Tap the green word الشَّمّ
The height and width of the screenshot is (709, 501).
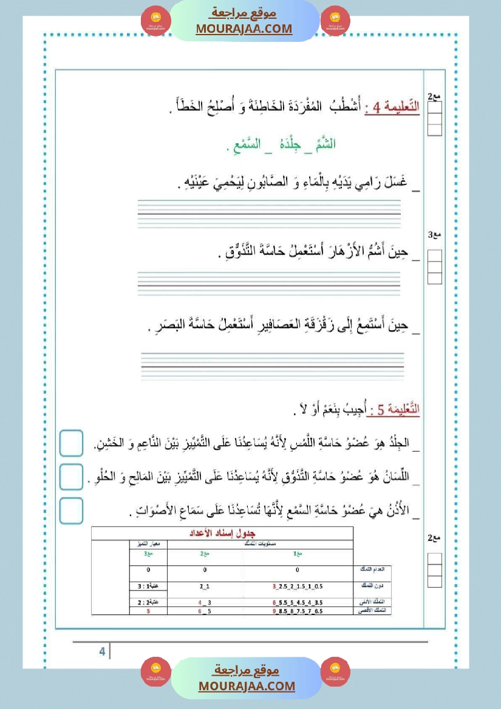pos(324,144)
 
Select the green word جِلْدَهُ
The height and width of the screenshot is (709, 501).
pos(281,144)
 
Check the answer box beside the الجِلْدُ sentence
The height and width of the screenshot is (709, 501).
pos(72,443)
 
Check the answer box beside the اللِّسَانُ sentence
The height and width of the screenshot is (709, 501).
pos(72,477)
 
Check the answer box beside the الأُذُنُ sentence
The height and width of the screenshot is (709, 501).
pos(72,511)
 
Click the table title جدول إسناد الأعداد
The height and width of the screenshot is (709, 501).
pos(222,534)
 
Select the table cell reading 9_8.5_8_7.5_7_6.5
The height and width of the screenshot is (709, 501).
pos(298,611)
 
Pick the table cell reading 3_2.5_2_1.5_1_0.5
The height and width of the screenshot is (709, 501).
pos(298,586)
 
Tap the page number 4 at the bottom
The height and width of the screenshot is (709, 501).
pos(102,652)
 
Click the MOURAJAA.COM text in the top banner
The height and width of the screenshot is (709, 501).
pos(244,29)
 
